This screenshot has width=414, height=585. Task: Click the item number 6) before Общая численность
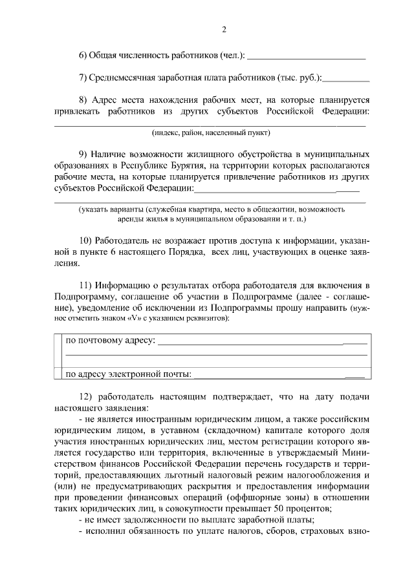coord(83,56)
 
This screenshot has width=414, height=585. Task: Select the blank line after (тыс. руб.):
coord(346,80)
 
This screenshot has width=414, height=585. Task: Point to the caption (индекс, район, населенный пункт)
coord(211,133)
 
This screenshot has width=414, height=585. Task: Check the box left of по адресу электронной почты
coord(58,374)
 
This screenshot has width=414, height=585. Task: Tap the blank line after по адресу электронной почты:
coord(278,374)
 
